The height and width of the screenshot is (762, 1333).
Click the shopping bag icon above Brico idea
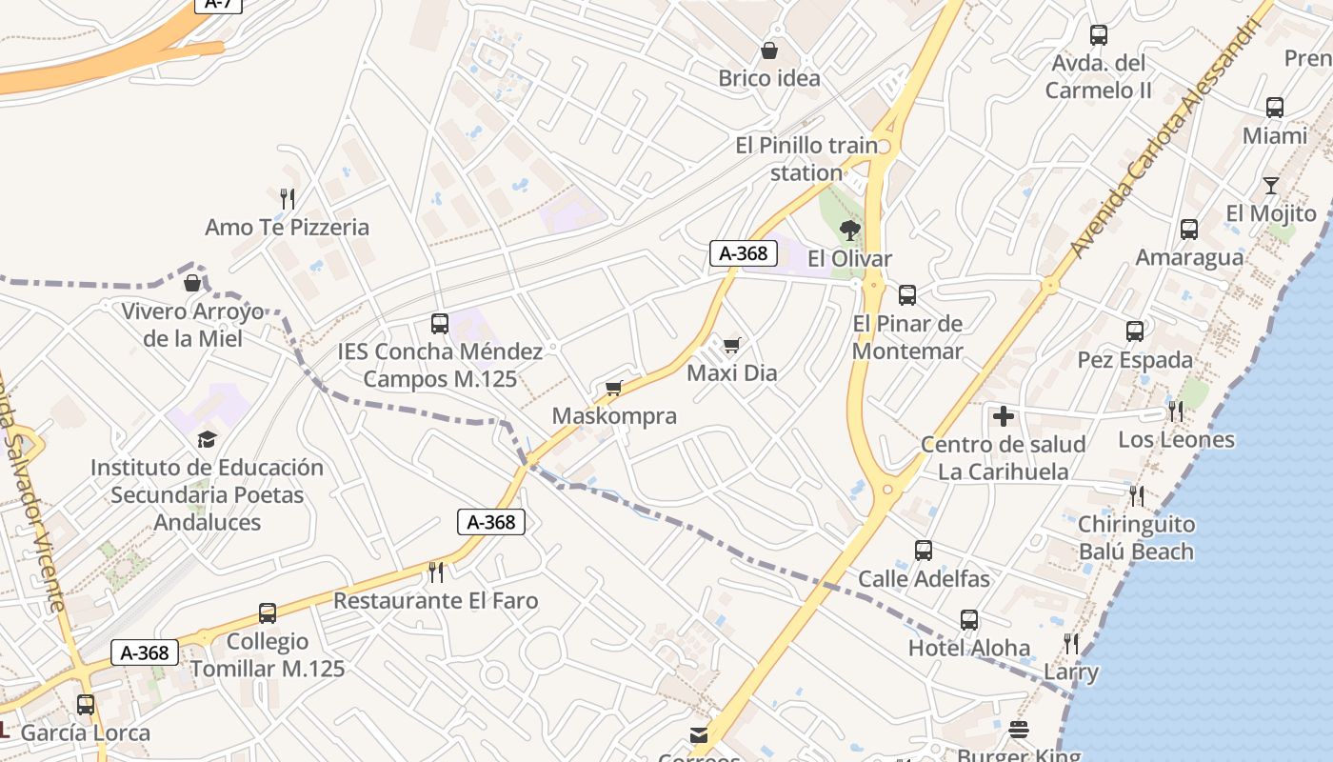[769, 50]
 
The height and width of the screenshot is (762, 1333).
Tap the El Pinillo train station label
[806, 159]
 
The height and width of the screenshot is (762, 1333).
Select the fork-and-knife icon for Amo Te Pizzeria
[287, 198]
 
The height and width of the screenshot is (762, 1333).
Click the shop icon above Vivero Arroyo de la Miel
[192, 283]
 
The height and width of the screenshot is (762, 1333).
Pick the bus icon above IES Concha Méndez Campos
[439, 323]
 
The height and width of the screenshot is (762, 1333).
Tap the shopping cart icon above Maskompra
[614, 388]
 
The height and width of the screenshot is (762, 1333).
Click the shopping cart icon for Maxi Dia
[731, 345]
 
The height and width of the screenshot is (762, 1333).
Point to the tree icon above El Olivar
[849, 230]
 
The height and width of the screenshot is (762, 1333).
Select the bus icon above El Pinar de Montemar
[906, 294]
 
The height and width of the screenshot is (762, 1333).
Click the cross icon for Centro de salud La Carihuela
[1003, 416]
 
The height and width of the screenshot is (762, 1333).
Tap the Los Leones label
[1176, 439]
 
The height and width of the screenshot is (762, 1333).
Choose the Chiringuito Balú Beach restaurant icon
[1136, 495]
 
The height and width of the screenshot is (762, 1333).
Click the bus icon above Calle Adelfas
[923, 550]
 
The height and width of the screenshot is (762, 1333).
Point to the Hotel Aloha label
[968, 648]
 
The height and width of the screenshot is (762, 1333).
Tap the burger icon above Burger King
[1019, 730]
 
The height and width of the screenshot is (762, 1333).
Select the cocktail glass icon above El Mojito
[1270, 185]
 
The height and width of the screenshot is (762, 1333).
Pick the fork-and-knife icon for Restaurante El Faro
[436, 571]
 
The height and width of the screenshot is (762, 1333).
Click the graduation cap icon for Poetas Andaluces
[207, 439]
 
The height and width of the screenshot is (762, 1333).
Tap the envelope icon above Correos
[699, 734]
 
